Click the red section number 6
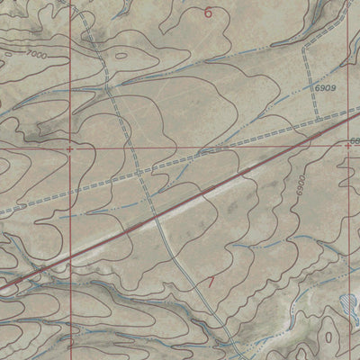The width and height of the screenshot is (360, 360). click(209, 13)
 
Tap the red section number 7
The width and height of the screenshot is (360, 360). click(211, 283)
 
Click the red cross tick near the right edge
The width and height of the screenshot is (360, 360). click(349, 145)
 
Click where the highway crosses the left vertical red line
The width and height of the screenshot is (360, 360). click(70, 256)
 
